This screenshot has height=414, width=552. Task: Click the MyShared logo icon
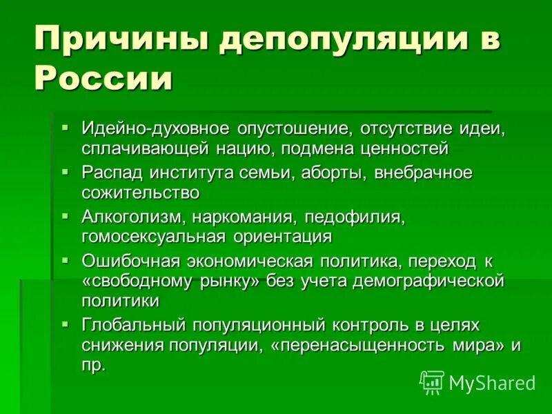pyautogui.click(x=432, y=382)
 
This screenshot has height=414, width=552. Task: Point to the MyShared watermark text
pyautogui.click(x=492, y=383)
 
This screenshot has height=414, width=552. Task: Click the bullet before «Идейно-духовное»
pyautogui.click(x=65, y=128)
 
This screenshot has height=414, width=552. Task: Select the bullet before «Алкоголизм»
pyautogui.click(x=65, y=215)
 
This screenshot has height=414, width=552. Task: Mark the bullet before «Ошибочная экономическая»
pyautogui.click(x=65, y=259)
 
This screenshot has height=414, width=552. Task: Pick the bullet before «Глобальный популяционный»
pyautogui.click(x=65, y=323)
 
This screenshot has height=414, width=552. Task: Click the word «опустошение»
pyautogui.click(x=296, y=129)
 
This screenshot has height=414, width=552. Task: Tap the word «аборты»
pyautogui.click(x=335, y=172)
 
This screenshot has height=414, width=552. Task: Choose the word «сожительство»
pyautogui.click(x=141, y=193)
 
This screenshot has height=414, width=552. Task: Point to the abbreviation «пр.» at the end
pyautogui.click(x=94, y=366)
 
